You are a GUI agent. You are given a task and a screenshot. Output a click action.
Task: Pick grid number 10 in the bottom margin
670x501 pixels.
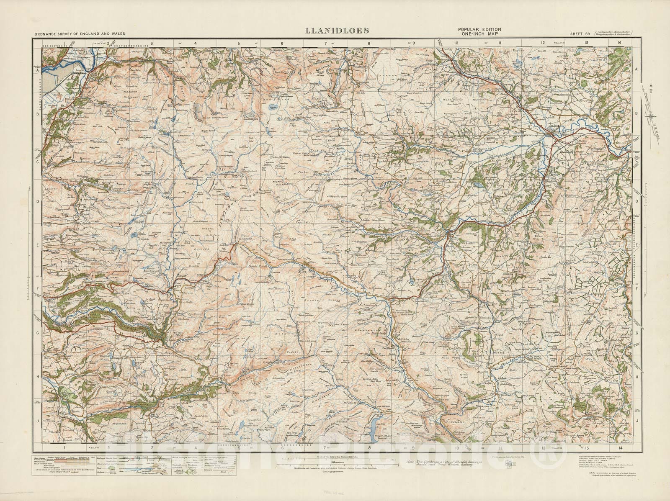[x=456, y=448]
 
